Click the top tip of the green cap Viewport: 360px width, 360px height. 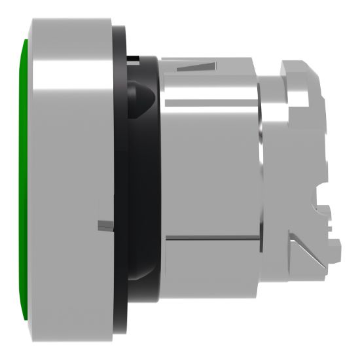coord(25,43)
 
